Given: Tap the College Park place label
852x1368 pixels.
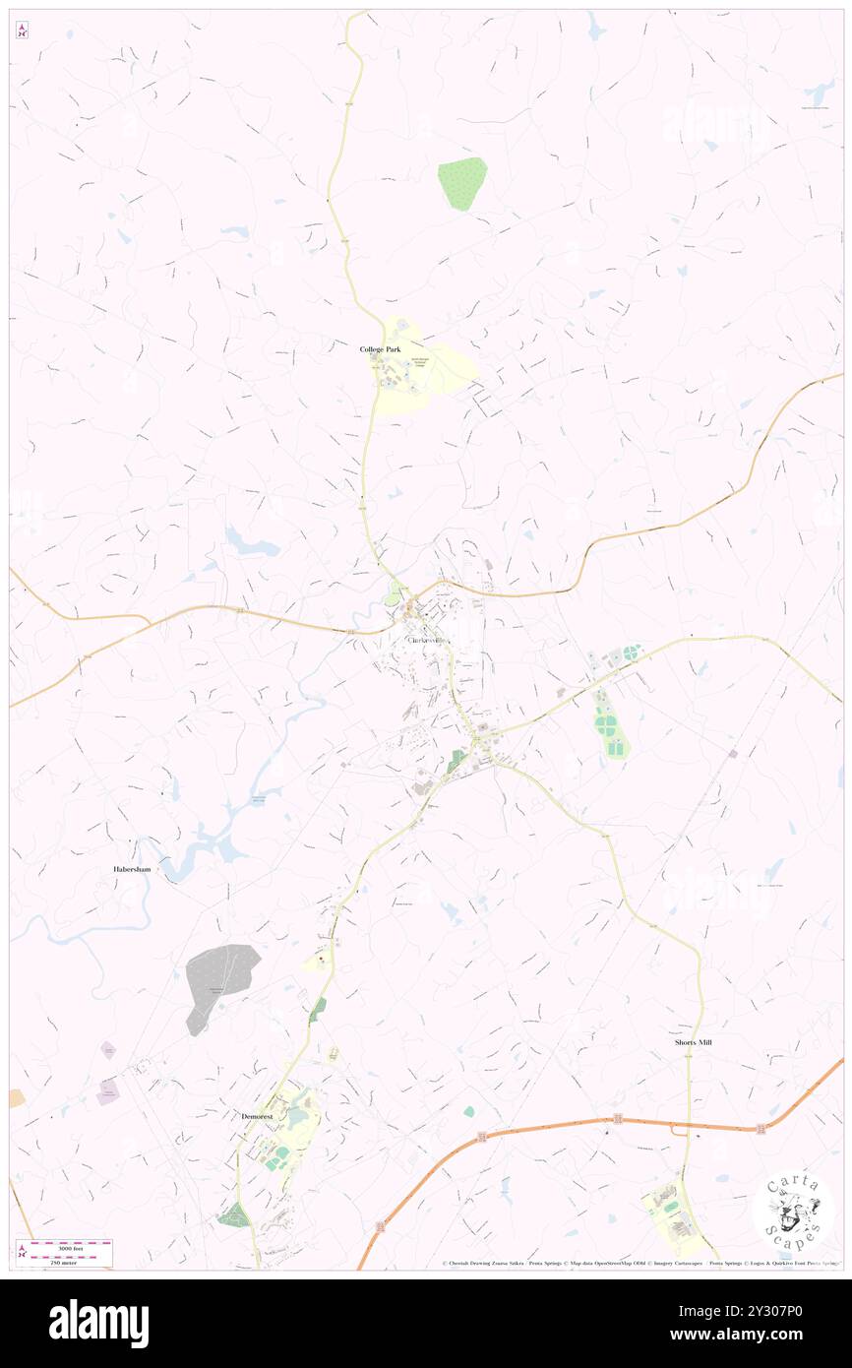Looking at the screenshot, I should (x=379, y=349).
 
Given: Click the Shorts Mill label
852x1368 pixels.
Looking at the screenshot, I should (x=693, y=1042).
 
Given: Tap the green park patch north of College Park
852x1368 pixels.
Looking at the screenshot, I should (x=462, y=182).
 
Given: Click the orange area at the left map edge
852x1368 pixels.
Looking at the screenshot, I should (x=16, y=1097).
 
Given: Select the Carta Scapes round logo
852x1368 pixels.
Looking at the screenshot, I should (x=793, y=1210).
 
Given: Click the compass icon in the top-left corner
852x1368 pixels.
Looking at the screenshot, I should (x=22, y=31).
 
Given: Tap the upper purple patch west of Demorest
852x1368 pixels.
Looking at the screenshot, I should (x=108, y=1050).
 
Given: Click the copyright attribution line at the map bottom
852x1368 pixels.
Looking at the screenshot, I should (x=639, y=1263).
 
